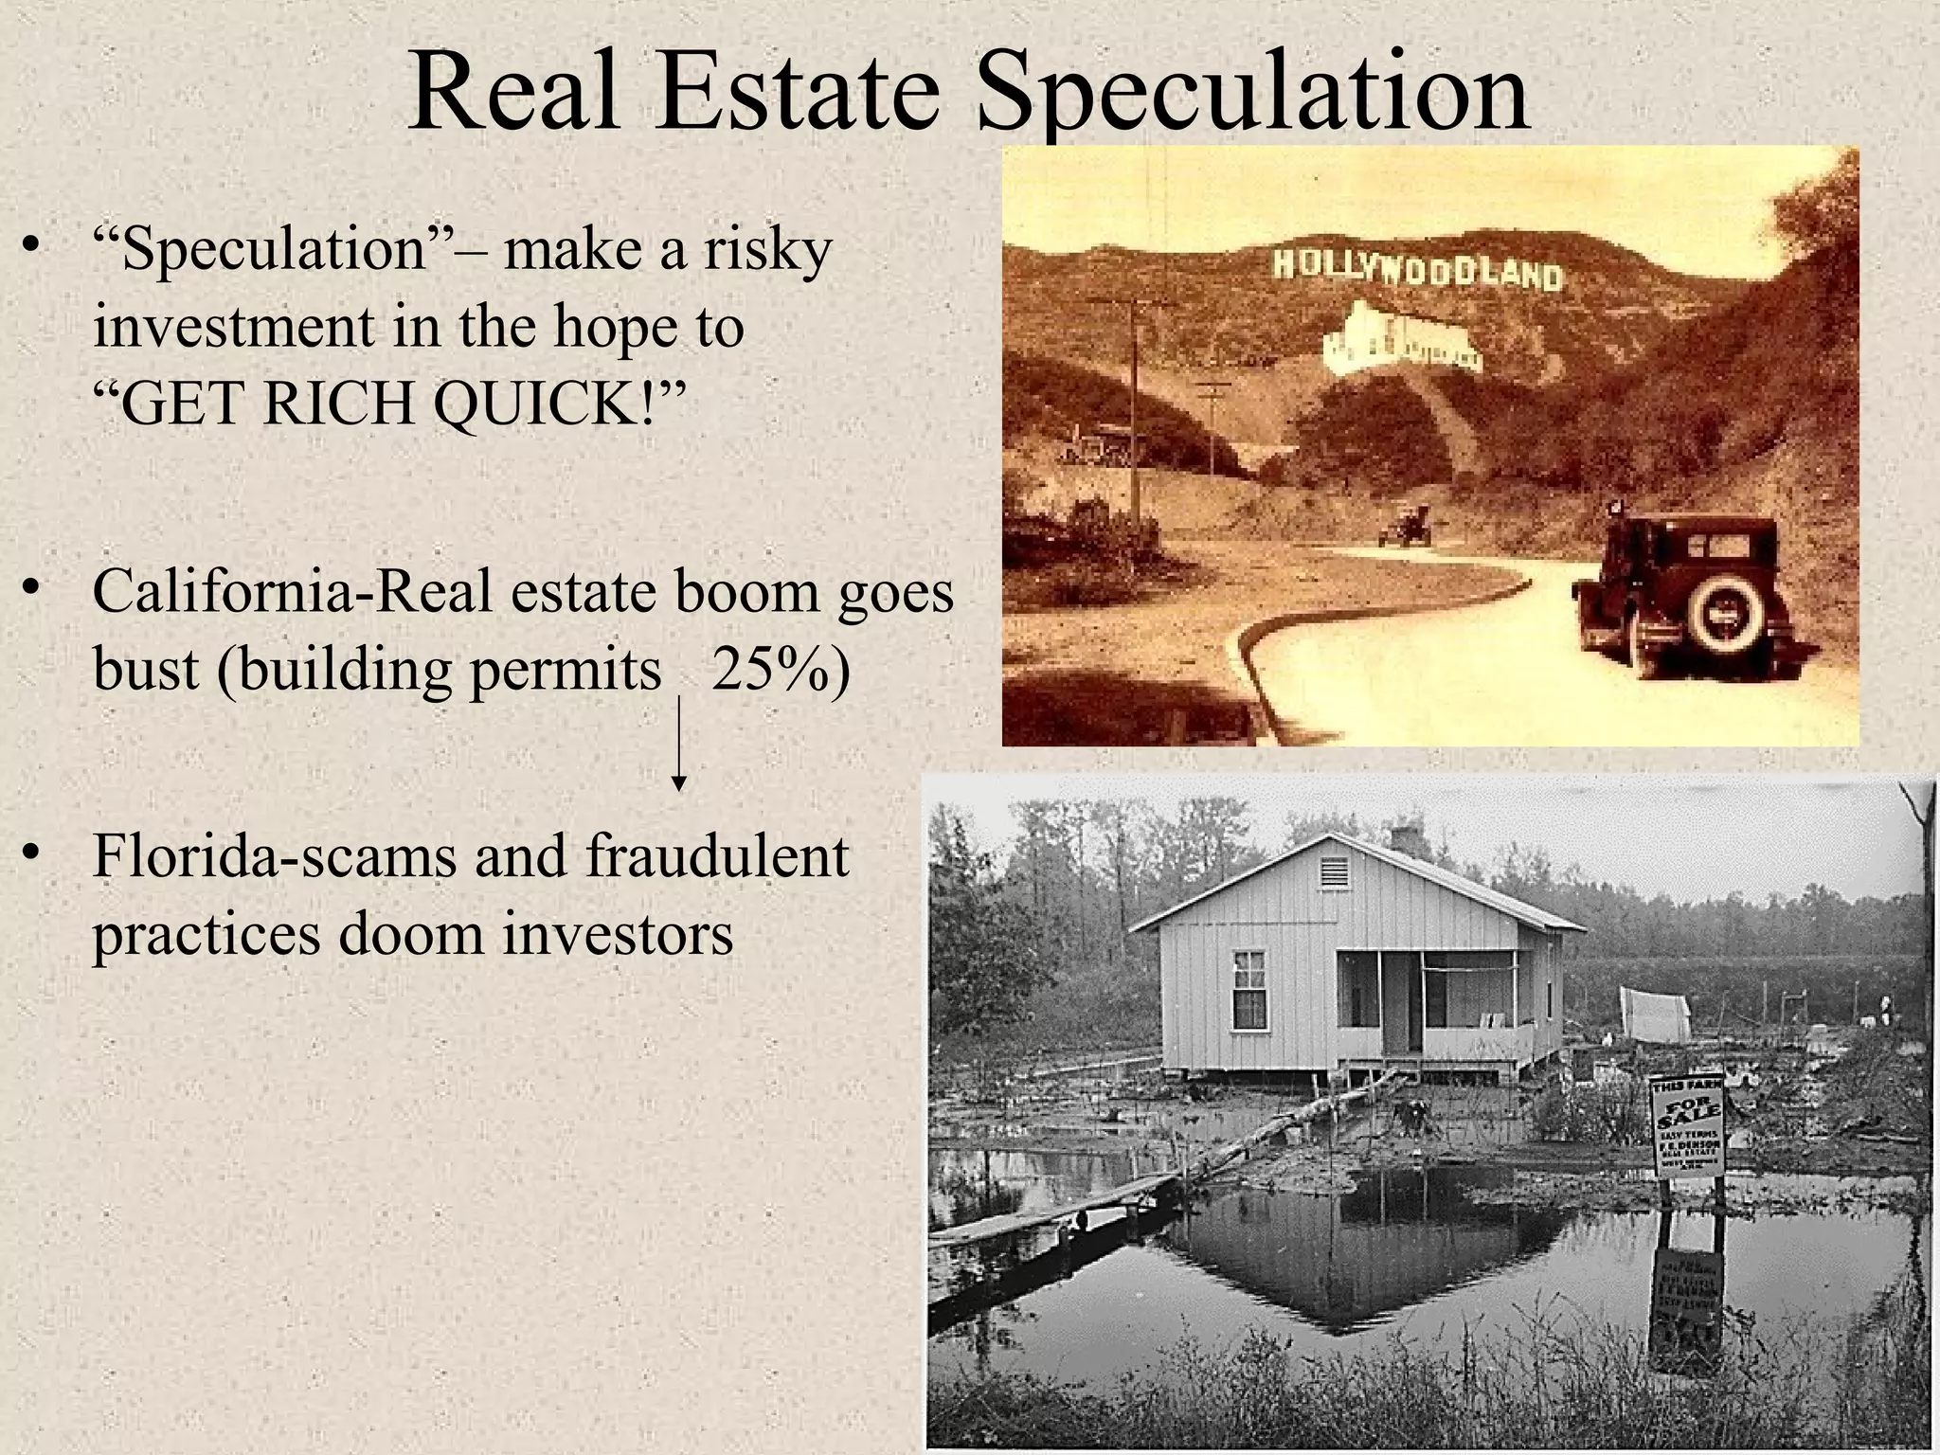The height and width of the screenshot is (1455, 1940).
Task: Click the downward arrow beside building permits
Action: pos(678,743)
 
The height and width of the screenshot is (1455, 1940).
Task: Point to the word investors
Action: pos(618,933)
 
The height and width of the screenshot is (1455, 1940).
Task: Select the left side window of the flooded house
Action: pos(1249,989)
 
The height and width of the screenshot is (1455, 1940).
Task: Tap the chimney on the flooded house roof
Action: pos(1407,839)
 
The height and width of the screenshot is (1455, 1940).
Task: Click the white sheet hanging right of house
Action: pos(1655,1013)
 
